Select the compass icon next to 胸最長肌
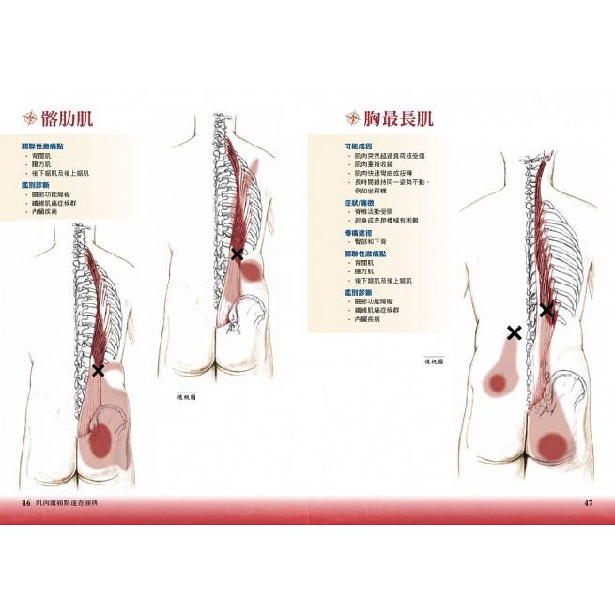pos(353,118)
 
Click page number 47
pos(589,504)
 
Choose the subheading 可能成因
pos(359,146)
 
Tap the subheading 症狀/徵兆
pos(360,202)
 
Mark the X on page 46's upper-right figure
pos(237,254)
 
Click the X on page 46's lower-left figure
pos(98,370)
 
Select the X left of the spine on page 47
pos(514,331)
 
